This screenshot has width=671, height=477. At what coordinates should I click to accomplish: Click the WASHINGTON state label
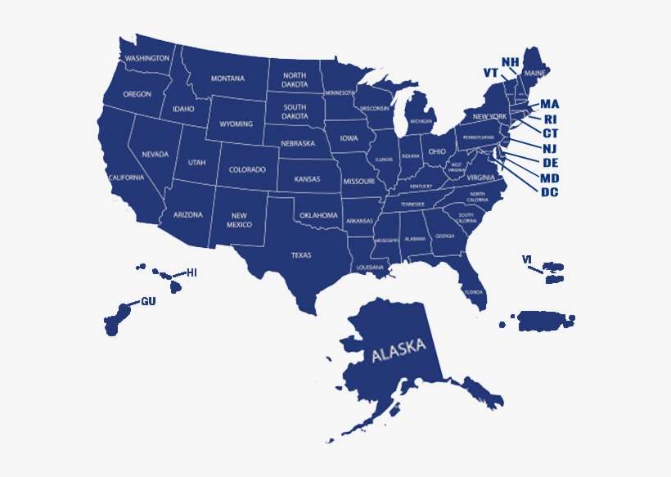(147, 59)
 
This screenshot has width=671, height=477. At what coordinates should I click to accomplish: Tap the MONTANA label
(227, 79)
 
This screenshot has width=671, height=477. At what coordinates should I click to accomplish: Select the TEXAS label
(301, 255)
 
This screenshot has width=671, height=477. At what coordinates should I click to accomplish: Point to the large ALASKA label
(399, 350)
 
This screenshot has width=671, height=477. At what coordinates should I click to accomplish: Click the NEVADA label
(155, 154)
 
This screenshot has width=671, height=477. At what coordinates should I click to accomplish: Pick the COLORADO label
(247, 170)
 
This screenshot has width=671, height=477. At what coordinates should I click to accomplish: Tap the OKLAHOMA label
(318, 215)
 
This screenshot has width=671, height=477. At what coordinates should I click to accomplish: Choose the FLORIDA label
(474, 292)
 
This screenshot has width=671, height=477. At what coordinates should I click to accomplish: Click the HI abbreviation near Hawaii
(192, 272)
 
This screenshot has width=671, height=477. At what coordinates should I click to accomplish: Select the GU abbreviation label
(148, 301)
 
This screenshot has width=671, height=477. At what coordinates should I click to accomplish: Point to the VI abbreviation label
(527, 259)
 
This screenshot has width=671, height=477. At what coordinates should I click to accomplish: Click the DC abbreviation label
(550, 192)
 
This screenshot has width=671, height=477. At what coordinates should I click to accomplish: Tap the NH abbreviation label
(510, 62)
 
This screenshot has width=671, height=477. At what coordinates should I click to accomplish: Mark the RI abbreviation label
(550, 119)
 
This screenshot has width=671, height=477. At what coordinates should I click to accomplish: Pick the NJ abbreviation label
(550, 148)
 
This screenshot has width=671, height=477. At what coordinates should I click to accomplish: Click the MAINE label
(535, 74)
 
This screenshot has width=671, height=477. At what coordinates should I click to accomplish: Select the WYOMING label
(236, 124)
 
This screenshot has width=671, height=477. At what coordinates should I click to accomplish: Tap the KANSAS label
(307, 178)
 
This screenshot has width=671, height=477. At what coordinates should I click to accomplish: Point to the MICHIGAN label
(421, 121)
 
